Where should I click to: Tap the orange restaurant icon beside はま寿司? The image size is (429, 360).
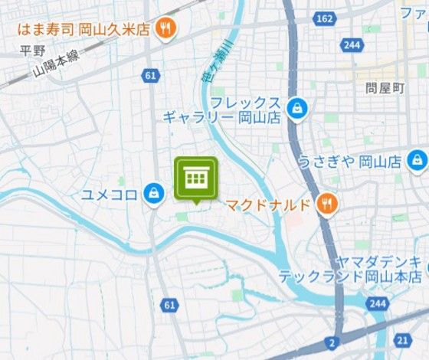pos(163,30)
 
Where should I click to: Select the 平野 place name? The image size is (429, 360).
pos(34,51)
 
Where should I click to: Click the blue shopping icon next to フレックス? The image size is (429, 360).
pos(295,109)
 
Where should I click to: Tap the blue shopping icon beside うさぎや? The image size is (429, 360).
pos(416,161)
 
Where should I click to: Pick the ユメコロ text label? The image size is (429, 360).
pos(110,194)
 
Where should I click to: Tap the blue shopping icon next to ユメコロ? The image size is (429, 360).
pos(154,193)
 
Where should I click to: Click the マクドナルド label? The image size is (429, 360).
pos(268,205)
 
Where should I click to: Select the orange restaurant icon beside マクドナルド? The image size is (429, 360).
pos(327,204)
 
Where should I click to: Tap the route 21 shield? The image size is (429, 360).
pos(403,339)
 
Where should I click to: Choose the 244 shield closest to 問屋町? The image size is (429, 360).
pos(352,46)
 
